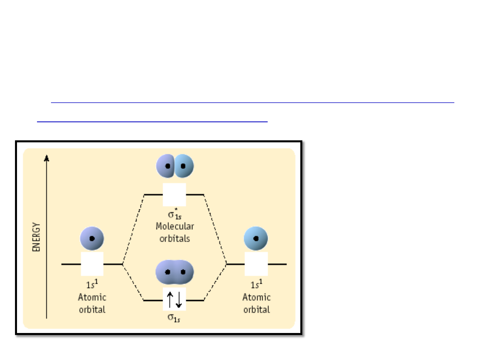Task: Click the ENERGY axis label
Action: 36,237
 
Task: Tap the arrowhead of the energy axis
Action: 46,158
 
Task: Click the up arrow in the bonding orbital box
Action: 170,300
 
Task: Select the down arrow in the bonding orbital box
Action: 179,300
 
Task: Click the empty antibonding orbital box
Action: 174,195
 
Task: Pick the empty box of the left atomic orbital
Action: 92,264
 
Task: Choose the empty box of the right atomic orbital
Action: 256,264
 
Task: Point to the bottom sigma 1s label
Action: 174,318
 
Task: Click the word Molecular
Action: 175,226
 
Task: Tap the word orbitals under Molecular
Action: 175,238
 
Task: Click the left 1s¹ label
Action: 92,284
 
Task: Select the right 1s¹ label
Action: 256,284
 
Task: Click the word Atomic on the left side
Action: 92,297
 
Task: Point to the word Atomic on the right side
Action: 257,297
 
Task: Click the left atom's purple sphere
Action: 92,238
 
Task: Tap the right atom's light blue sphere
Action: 256,238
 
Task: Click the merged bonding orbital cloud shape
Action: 175,272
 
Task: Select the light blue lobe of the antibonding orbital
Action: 184,166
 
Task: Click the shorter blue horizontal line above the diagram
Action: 152,122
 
